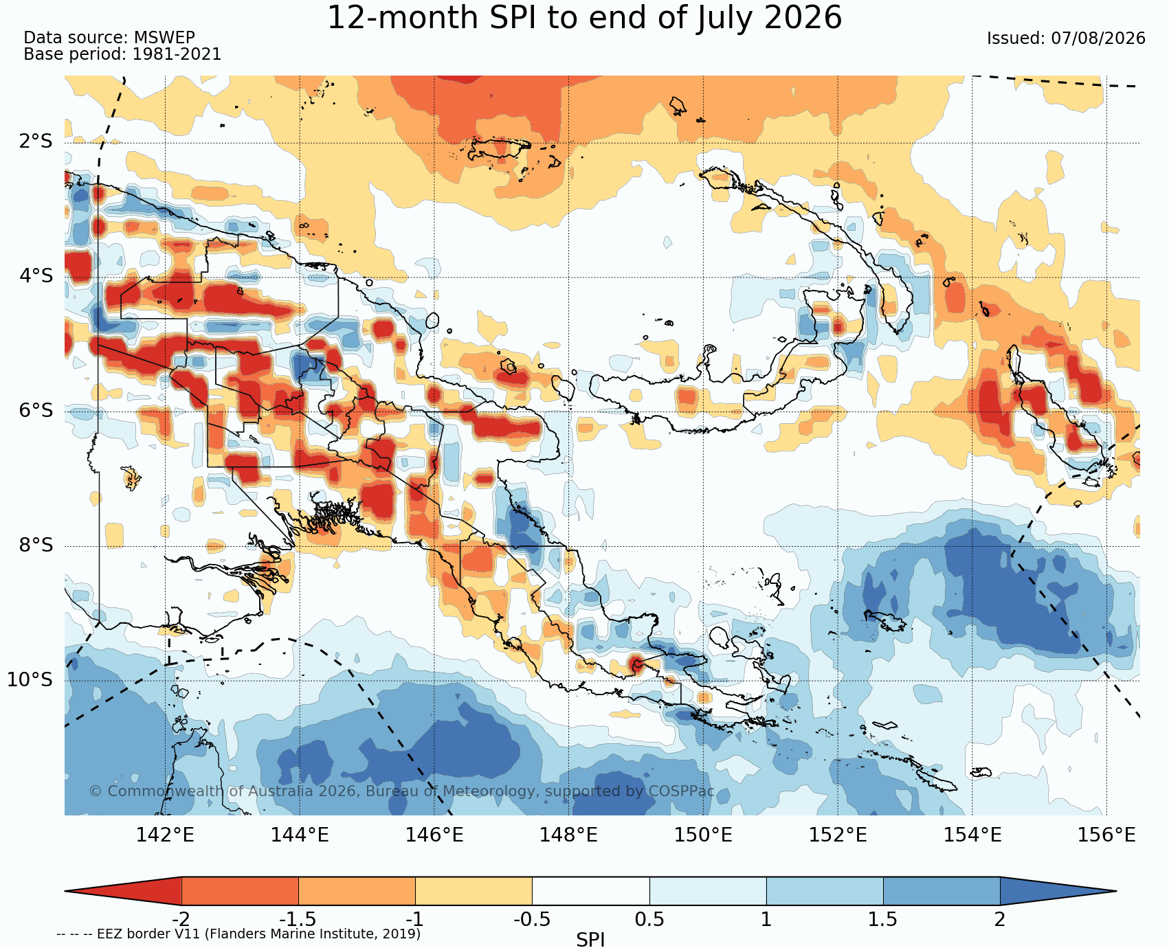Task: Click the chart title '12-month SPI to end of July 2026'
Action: click(x=584, y=18)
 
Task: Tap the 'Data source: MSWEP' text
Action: click(x=109, y=38)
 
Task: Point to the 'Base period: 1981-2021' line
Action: click(x=123, y=54)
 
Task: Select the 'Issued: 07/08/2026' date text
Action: click(x=1066, y=38)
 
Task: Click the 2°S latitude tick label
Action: click(x=36, y=142)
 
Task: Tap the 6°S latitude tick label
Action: click(x=36, y=411)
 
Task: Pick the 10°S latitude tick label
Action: click(x=30, y=680)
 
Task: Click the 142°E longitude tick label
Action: click(x=165, y=835)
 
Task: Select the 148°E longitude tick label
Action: click(x=568, y=835)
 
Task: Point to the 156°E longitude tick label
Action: click(x=1106, y=835)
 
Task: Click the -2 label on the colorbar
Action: click(x=181, y=919)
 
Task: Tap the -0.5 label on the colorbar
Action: click(x=532, y=919)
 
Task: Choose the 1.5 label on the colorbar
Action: click(x=883, y=919)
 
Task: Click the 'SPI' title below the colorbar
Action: click(x=590, y=939)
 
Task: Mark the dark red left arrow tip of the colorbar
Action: click(x=66, y=891)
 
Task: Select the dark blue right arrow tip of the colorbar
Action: click(x=1115, y=891)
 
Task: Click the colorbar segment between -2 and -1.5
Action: click(x=240, y=891)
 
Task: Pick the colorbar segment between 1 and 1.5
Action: click(x=825, y=891)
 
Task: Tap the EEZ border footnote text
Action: click(x=238, y=934)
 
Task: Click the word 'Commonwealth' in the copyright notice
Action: click(x=165, y=791)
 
